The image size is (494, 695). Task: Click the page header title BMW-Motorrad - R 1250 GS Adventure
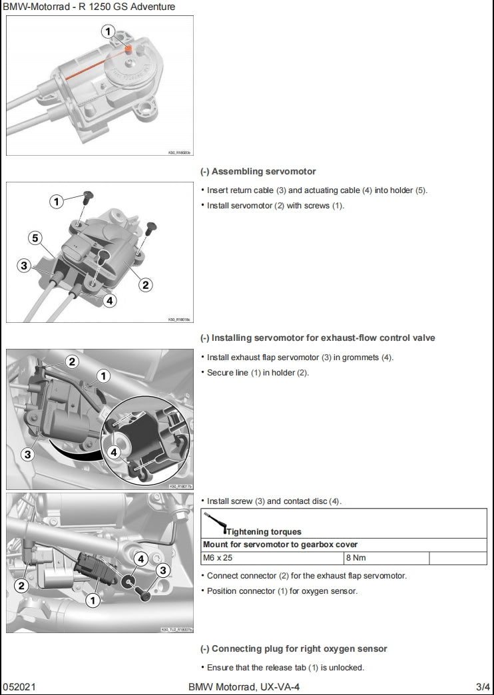pos(89,7)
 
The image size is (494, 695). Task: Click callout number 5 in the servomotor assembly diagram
pos(35,238)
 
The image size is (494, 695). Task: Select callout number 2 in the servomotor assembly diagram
pos(145,285)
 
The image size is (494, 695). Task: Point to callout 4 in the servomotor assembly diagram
pos(110,300)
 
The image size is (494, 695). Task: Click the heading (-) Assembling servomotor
pos(258,171)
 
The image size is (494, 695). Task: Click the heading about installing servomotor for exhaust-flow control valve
pos(318,338)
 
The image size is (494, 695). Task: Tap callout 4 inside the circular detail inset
pos(115,451)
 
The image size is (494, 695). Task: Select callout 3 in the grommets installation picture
pos(27,455)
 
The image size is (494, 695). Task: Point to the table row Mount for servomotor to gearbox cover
pos(280,545)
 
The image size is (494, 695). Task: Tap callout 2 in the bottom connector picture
pos(21,586)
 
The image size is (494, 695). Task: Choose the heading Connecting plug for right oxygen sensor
pos(294,648)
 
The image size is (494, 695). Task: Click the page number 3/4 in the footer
pos(483,686)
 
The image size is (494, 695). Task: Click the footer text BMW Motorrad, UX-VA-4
pos(248,686)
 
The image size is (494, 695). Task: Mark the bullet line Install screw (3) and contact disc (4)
pos(274,501)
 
